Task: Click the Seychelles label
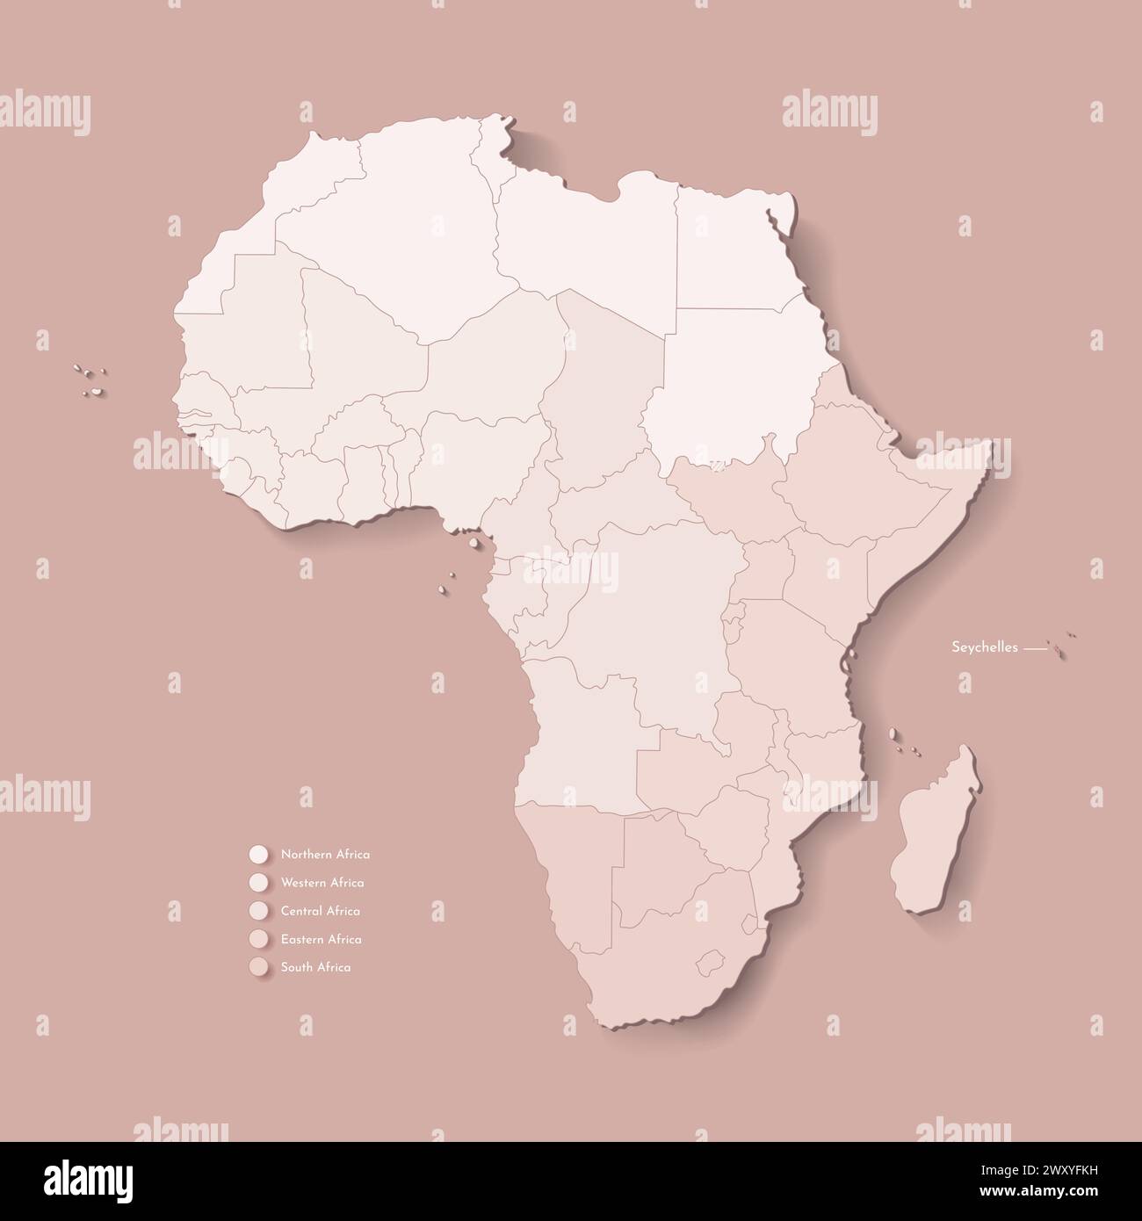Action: tap(985, 647)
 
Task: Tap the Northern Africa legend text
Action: tap(325, 854)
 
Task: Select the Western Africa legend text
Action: tap(322, 883)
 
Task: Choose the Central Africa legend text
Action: tap(320, 911)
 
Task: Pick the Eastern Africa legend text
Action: tap(321, 939)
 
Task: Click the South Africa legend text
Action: tap(315, 967)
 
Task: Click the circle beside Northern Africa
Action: tap(258, 854)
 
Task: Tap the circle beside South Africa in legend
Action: tap(258, 967)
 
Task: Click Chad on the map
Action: tap(606, 387)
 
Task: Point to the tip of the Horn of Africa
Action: tap(991, 444)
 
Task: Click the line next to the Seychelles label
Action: tap(1037, 648)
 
